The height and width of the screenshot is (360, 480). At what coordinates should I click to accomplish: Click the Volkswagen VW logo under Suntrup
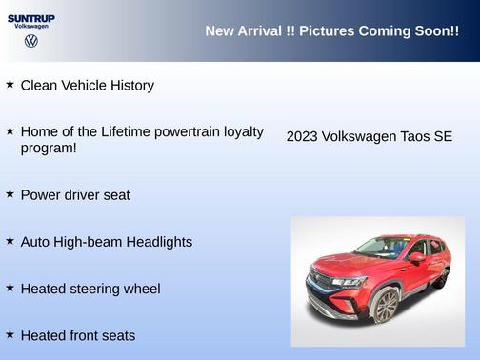30,41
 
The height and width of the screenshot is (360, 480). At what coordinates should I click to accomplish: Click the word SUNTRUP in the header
30,18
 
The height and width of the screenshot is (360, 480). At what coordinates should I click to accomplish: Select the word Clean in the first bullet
40,86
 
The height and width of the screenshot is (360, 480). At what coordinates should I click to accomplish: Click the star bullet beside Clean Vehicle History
10,85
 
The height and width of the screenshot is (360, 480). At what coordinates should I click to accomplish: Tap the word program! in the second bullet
49,148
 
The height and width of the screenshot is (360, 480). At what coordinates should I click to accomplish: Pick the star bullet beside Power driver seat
10,194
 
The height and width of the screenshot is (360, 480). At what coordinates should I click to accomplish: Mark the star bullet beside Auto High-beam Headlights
10,241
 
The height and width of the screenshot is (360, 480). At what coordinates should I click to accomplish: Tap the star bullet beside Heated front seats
10,334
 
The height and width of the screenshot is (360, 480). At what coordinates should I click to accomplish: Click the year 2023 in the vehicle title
303,137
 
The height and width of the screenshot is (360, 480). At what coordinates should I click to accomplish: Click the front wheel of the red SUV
385,307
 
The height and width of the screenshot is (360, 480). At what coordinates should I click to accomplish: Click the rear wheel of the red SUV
440,277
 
